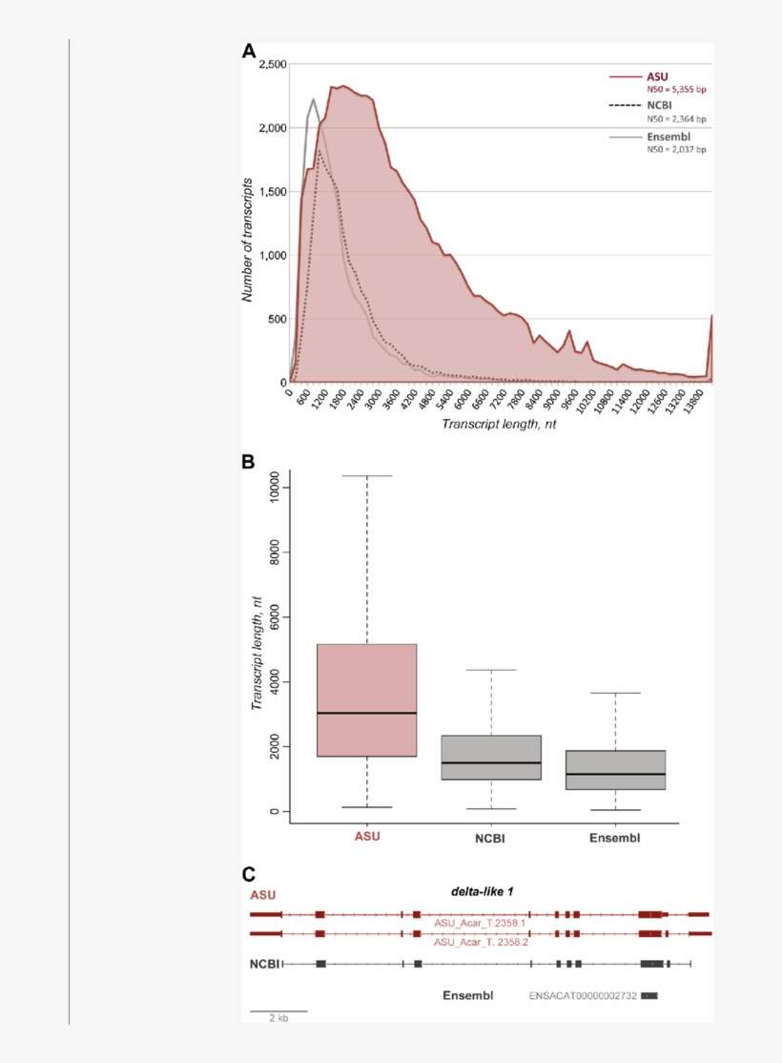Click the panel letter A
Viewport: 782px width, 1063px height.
pyautogui.click(x=249, y=52)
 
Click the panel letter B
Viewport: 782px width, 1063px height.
pyautogui.click(x=249, y=462)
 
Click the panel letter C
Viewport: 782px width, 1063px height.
pyautogui.click(x=249, y=874)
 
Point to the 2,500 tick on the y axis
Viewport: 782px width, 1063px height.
pyautogui.click(x=273, y=65)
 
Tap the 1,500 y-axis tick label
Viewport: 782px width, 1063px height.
pyautogui.click(x=273, y=192)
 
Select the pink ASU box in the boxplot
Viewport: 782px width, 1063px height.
pyautogui.click(x=366, y=699)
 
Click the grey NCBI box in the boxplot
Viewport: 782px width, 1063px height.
pyautogui.click(x=490, y=758)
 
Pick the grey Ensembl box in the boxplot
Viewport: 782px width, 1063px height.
pyautogui.click(x=615, y=770)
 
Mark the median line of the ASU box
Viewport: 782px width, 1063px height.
pyautogui.click(x=366, y=713)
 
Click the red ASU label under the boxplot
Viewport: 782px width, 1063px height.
pyautogui.click(x=366, y=838)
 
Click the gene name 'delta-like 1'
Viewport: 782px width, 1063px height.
pyautogui.click(x=482, y=891)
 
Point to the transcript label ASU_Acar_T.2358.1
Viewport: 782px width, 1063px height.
pyautogui.click(x=480, y=923)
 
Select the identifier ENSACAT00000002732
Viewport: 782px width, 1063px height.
pyautogui.click(x=582, y=996)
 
